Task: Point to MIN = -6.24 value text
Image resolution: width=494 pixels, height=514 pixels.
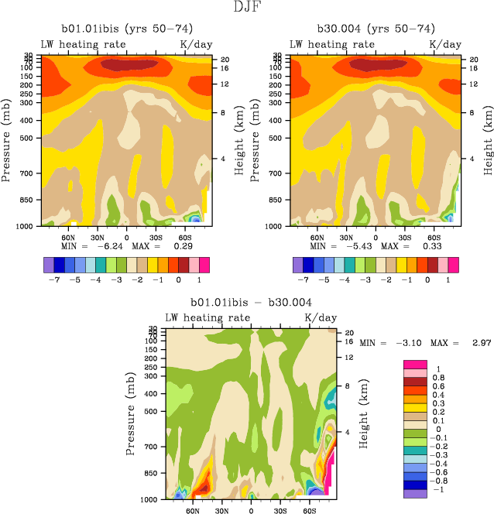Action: click(88, 246)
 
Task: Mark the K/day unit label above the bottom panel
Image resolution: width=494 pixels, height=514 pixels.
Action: click(321, 317)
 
